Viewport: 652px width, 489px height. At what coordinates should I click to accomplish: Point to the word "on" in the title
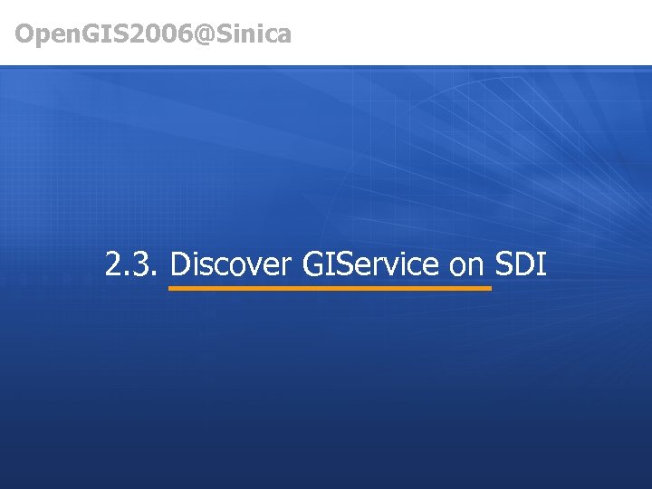[x=467, y=266]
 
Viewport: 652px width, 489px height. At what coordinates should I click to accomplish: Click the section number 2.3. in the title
[x=132, y=264]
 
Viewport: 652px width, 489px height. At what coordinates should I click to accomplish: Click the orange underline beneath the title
[x=331, y=288]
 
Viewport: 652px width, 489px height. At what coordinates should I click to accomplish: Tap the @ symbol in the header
[x=204, y=34]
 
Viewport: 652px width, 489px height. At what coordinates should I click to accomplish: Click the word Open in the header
[x=44, y=34]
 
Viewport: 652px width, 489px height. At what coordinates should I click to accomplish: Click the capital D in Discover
[x=178, y=264]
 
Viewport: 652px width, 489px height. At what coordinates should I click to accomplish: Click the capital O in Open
[x=24, y=34]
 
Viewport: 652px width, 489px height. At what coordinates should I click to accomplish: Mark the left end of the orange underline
[x=171, y=288]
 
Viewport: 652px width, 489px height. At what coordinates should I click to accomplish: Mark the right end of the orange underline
[x=490, y=288]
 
